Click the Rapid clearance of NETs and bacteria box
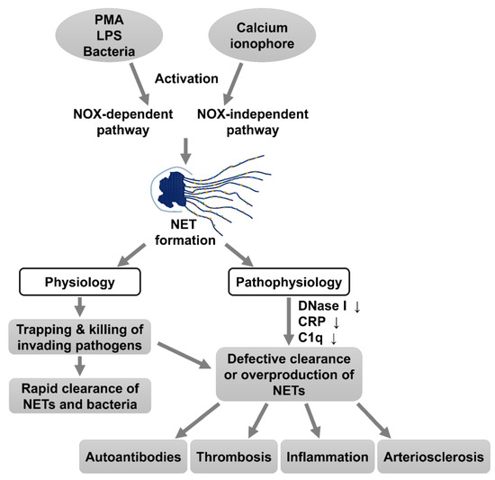tap(81, 396)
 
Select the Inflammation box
tap(327, 457)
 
